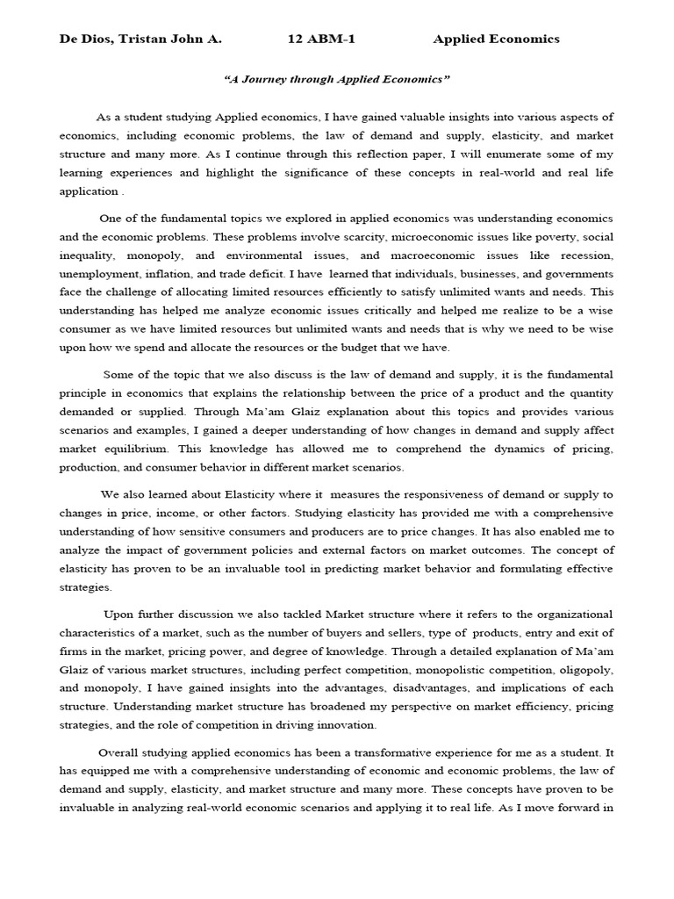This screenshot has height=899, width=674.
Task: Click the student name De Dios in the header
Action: (86, 39)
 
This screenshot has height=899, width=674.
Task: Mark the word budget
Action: (349, 348)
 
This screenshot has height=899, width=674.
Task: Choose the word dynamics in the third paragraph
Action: (456, 449)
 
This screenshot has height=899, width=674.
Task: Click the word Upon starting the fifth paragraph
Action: (120, 614)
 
